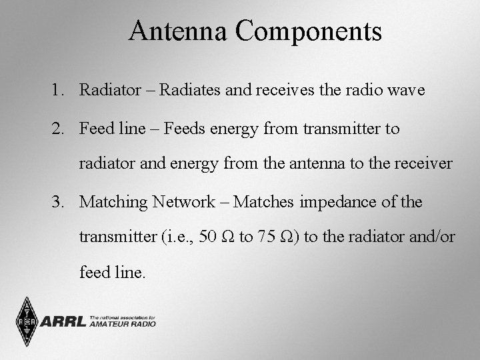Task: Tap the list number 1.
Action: [57, 91]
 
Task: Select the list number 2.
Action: [57, 129]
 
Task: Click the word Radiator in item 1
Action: [107, 91]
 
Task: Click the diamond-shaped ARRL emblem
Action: [25, 322]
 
